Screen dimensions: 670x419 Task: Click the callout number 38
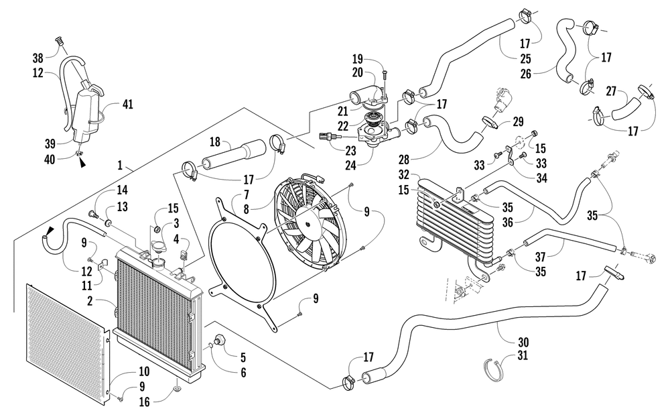(x=38, y=57)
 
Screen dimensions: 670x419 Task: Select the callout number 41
(x=127, y=104)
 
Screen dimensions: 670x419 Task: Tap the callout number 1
(x=120, y=165)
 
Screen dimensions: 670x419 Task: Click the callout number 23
(x=350, y=150)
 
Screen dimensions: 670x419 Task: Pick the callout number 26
(x=525, y=74)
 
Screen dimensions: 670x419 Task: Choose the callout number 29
(x=518, y=121)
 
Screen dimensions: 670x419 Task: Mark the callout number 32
(x=404, y=174)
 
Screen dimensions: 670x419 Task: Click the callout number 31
(x=522, y=355)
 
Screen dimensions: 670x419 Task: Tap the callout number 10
(x=143, y=371)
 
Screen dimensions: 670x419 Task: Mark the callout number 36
(x=508, y=222)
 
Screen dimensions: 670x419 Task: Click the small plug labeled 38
(x=60, y=42)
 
